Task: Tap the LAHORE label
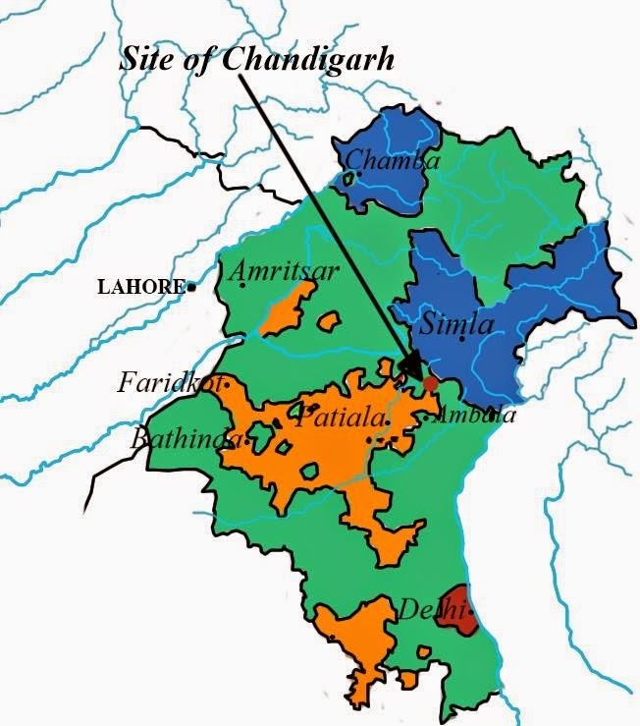click(139, 287)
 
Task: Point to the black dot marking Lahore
click(191, 287)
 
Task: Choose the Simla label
click(456, 323)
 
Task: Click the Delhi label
click(428, 609)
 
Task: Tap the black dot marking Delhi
click(472, 611)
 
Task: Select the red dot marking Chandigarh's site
click(430, 381)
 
